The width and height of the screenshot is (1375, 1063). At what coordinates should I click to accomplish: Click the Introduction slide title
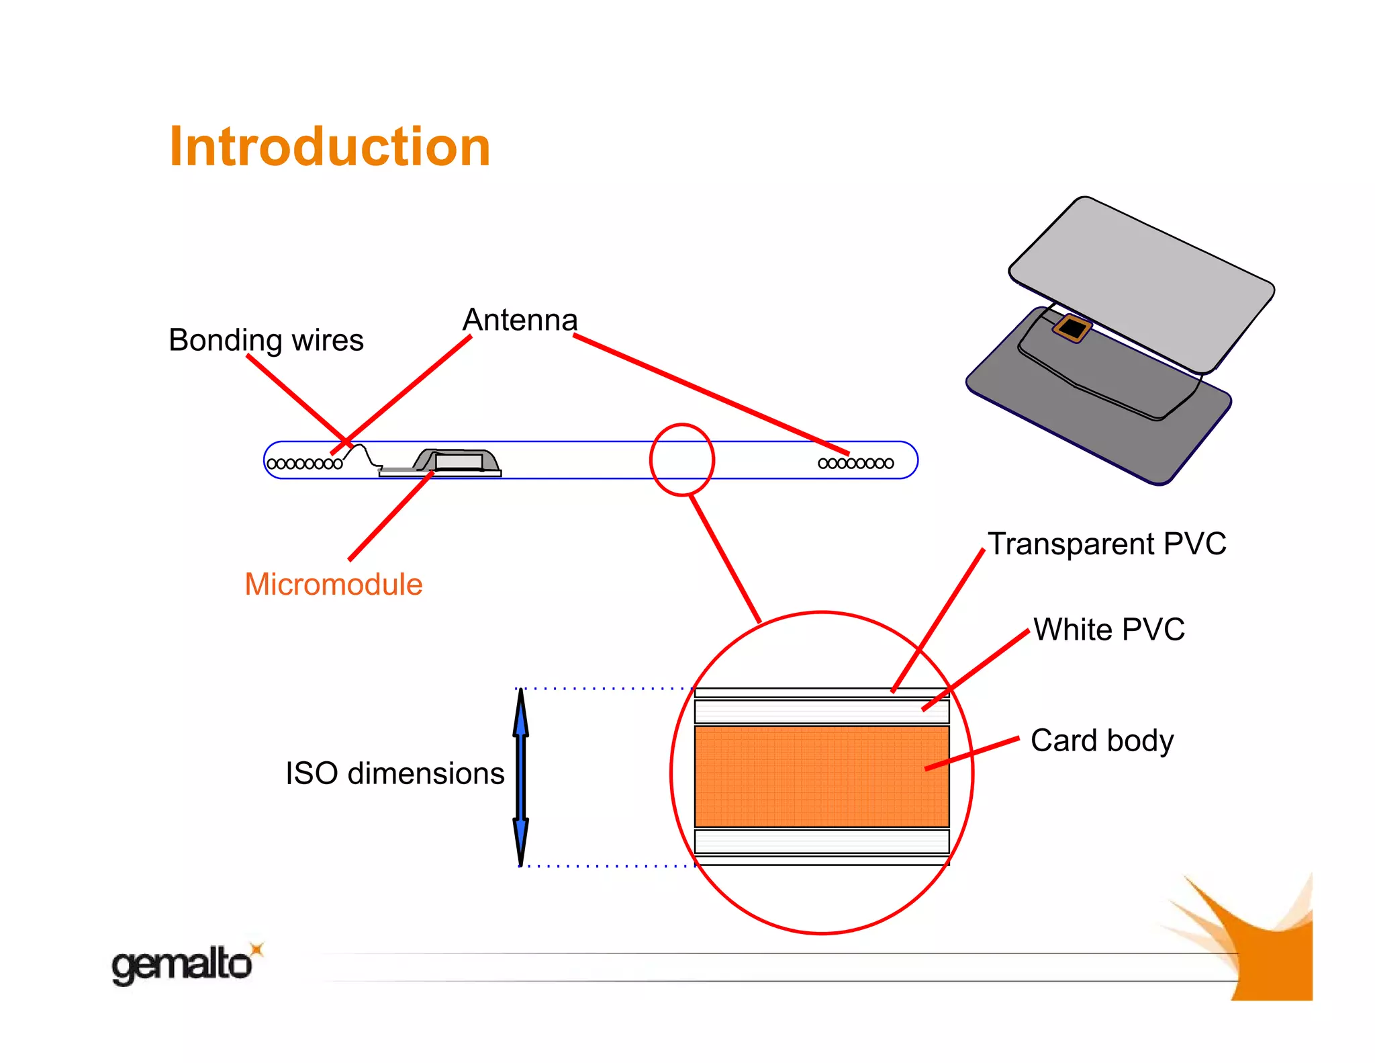[330, 146]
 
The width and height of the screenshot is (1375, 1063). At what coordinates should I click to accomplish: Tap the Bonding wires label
[266, 340]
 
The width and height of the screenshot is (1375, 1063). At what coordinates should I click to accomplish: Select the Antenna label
[520, 320]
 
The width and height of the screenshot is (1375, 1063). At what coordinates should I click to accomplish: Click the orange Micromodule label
[333, 584]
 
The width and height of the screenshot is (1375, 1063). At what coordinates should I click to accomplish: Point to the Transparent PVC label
[1106, 544]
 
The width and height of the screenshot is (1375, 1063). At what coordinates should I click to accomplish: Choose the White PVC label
[1108, 630]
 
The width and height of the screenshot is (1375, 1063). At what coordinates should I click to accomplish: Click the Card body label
[1102, 740]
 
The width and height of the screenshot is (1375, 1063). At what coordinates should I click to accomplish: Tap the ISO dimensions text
[395, 773]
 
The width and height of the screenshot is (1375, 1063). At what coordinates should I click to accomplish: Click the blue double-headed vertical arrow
[520, 777]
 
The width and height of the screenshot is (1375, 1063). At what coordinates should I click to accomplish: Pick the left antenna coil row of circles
[305, 464]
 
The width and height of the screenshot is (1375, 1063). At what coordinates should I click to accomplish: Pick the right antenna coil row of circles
[855, 463]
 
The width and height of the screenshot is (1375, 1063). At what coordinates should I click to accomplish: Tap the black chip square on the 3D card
[1072, 329]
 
